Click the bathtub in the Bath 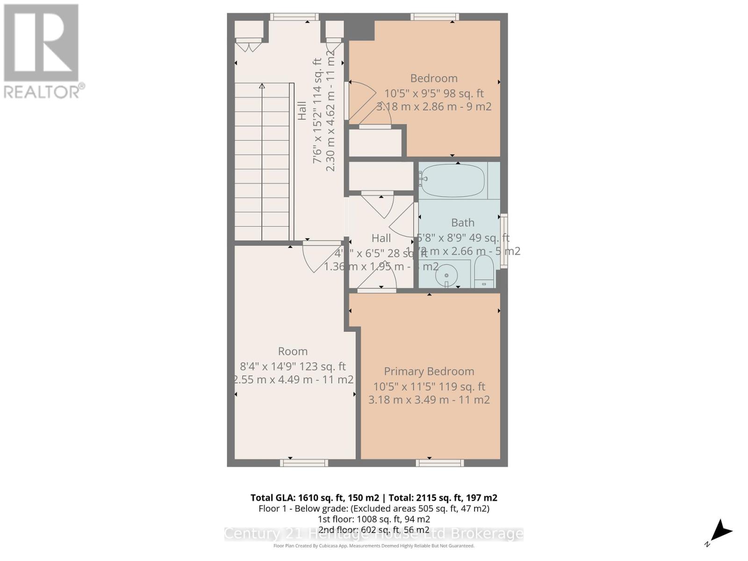pyautogui.click(x=452, y=180)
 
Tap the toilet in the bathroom pyautogui.click(x=484, y=271)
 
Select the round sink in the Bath pyautogui.click(x=447, y=274)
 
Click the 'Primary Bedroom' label pyautogui.click(x=429, y=371)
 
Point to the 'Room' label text pyautogui.click(x=293, y=351)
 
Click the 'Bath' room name pyautogui.click(x=462, y=223)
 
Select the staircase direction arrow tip pyautogui.click(x=262, y=86)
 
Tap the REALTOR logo pyautogui.click(x=42, y=51)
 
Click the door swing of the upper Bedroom pyautogui.click(x=361, y=101)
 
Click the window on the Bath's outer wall pyautogui.click(x=503, y=241)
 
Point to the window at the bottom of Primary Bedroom pyautogui.click(x=439, y=463)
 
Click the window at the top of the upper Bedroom pyautogui.click(x=434, y=17)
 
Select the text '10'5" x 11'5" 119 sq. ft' pyautogui.click(x=429, y=387)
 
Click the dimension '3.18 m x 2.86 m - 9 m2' pyautogui.click(x=434, y=106)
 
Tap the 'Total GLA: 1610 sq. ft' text pyautogui.click(x=314, y=498)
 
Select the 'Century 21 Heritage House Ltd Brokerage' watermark pyautogui.click(x=374, y=534)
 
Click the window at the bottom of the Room pyautogui.click(x=304, y=463)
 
